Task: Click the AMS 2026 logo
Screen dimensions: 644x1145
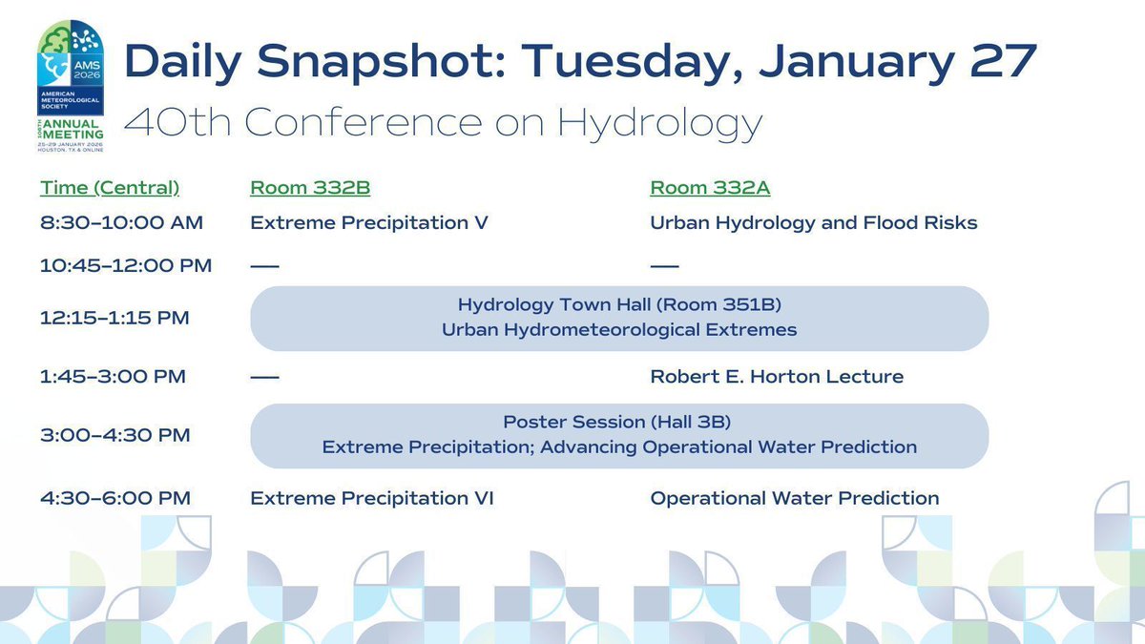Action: pos(71,86)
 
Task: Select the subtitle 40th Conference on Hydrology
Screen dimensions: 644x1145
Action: pos(444,122)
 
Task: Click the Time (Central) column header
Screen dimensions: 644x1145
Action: pos(110,188)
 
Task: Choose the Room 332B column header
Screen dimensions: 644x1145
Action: pos(304,188)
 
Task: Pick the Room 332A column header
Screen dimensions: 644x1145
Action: pos(710,188)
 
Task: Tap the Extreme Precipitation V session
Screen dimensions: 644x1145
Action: pos(369,223)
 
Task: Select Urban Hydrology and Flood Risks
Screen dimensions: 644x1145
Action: pos(814,223)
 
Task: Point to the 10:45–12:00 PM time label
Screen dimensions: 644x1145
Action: pos(126,265)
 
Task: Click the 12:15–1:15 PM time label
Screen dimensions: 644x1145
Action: pos(114,318)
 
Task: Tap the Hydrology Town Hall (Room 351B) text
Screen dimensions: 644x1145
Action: pos(619,305)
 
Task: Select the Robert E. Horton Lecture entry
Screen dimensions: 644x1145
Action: pos(777,377)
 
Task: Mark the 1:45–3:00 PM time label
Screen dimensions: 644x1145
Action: pos(113,377)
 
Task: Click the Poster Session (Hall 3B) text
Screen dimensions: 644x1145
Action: pos(619,422)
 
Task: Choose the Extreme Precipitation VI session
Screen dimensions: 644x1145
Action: pos(372,498)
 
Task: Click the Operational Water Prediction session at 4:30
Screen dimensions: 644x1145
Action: pos(795,498)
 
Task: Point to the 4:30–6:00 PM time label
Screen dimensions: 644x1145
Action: pos(114,498)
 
